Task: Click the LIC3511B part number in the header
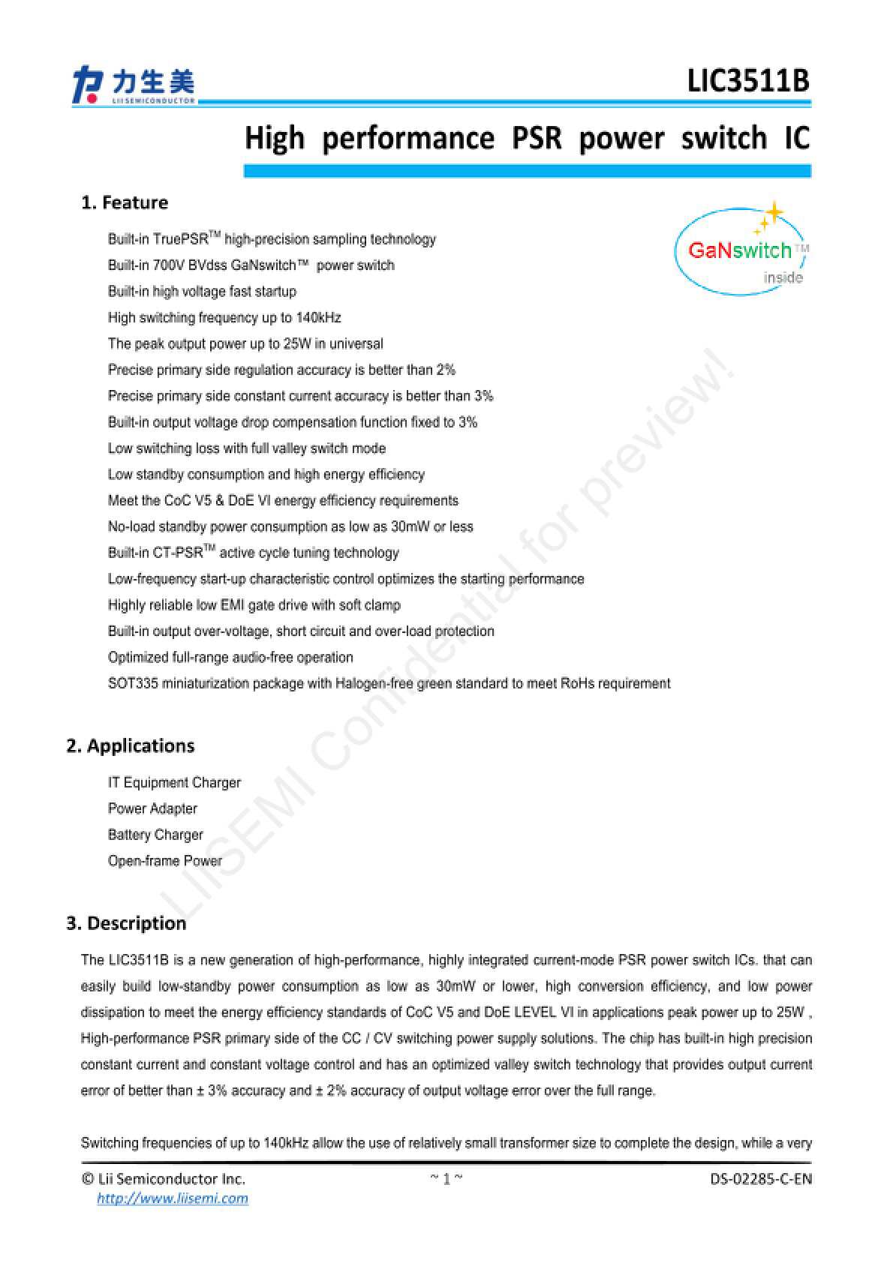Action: point(748,81)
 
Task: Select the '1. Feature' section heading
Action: point(125,202)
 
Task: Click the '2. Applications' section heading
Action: point(131,745)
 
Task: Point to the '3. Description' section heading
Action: point(126,923)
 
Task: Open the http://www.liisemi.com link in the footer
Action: point(173,1198)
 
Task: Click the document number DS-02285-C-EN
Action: point(761,1179)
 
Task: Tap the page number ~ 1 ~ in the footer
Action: point(446,1179)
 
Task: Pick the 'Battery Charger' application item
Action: point(155,835)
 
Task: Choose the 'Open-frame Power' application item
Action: point(165,861)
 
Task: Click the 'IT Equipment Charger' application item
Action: point(174,782)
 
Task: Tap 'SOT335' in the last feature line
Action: point(133,683)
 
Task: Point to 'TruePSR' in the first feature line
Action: point(180,239)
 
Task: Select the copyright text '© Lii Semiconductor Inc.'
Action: point(163,1179)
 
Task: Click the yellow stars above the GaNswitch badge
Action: point(768,216)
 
